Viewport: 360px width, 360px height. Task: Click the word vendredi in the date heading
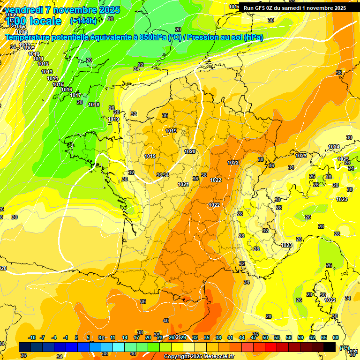23,10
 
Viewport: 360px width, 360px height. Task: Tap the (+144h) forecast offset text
83,21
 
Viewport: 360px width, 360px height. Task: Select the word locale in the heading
45,21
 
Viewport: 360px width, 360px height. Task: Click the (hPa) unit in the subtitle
254,37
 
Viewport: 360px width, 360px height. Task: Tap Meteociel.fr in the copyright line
216,357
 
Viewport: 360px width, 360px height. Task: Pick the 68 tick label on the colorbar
336,337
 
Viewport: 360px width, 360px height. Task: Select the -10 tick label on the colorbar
32,337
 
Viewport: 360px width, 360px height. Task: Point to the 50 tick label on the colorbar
265,337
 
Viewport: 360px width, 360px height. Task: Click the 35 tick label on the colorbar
207,337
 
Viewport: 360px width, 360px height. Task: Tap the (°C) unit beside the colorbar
345,348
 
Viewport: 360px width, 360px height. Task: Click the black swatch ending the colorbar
330,347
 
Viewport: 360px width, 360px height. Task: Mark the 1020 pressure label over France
190,151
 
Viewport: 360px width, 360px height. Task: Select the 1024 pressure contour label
333,147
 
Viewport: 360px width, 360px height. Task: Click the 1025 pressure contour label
343,159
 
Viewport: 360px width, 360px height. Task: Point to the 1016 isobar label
67,90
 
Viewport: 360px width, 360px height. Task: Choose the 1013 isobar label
47,72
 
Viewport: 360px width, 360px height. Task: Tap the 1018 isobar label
94,105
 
